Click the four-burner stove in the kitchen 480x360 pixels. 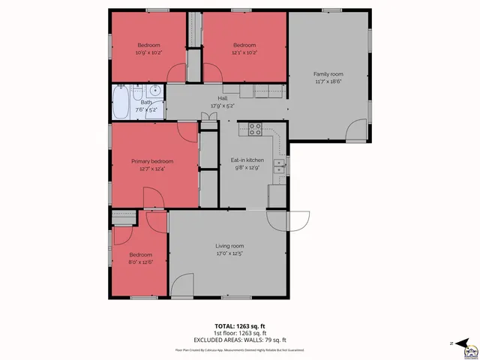pyautogui.click(x=255, y=128)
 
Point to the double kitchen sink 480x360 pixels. pyautogui.click(x=279, y=166)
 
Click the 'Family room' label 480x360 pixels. pyautogui.click(x=328, y=73)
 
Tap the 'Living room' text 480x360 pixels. pyautogui.click(x=229, y=246)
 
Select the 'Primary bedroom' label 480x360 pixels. pyautogui.click(x=152, y=161)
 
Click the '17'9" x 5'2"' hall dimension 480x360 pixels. pyautogui.click(x=222, y=106)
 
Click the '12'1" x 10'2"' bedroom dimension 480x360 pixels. pyautogui.click(x=244, y=52)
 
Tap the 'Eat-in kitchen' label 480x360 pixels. pyautogui.click(x=248, y=160)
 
